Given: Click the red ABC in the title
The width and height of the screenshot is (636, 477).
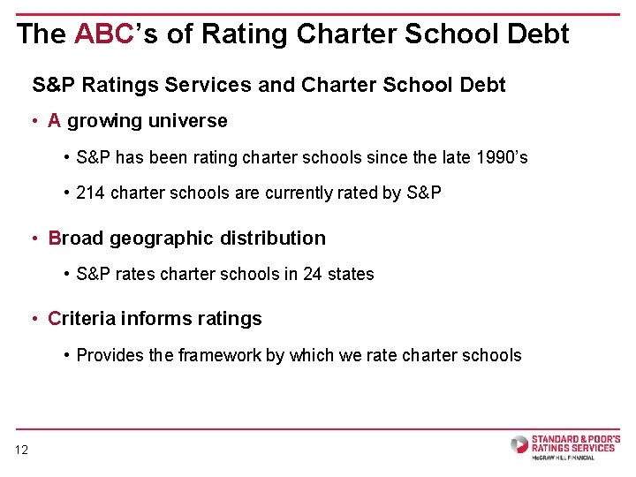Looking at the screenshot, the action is pyautogui.click(x=104, y=34).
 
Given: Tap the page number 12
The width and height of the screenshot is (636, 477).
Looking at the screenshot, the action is pyautogui.click(x=21, y=450).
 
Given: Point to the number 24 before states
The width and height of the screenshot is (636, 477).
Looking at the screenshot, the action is pyautogui.click(x=313, y=274).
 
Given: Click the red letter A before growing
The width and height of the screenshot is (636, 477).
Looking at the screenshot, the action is pyautogui.click(x=54, y=120).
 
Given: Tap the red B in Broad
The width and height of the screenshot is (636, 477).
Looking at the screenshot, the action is pyautogui.click(x=55, y=238).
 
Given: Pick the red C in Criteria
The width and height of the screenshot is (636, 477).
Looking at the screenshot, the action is pyautogui.click(x=55, y=318).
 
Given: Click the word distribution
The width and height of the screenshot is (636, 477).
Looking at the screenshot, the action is pyautogui.click(x=273, y=238).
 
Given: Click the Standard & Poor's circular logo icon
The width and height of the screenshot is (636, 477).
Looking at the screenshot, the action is pyautogui.click(x=519, y=444).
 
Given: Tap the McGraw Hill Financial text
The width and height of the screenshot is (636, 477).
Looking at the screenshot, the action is pyautogui.click(x=563, y=458).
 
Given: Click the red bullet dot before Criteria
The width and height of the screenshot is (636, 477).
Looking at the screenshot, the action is pyautogui.click(x=35, y=319).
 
